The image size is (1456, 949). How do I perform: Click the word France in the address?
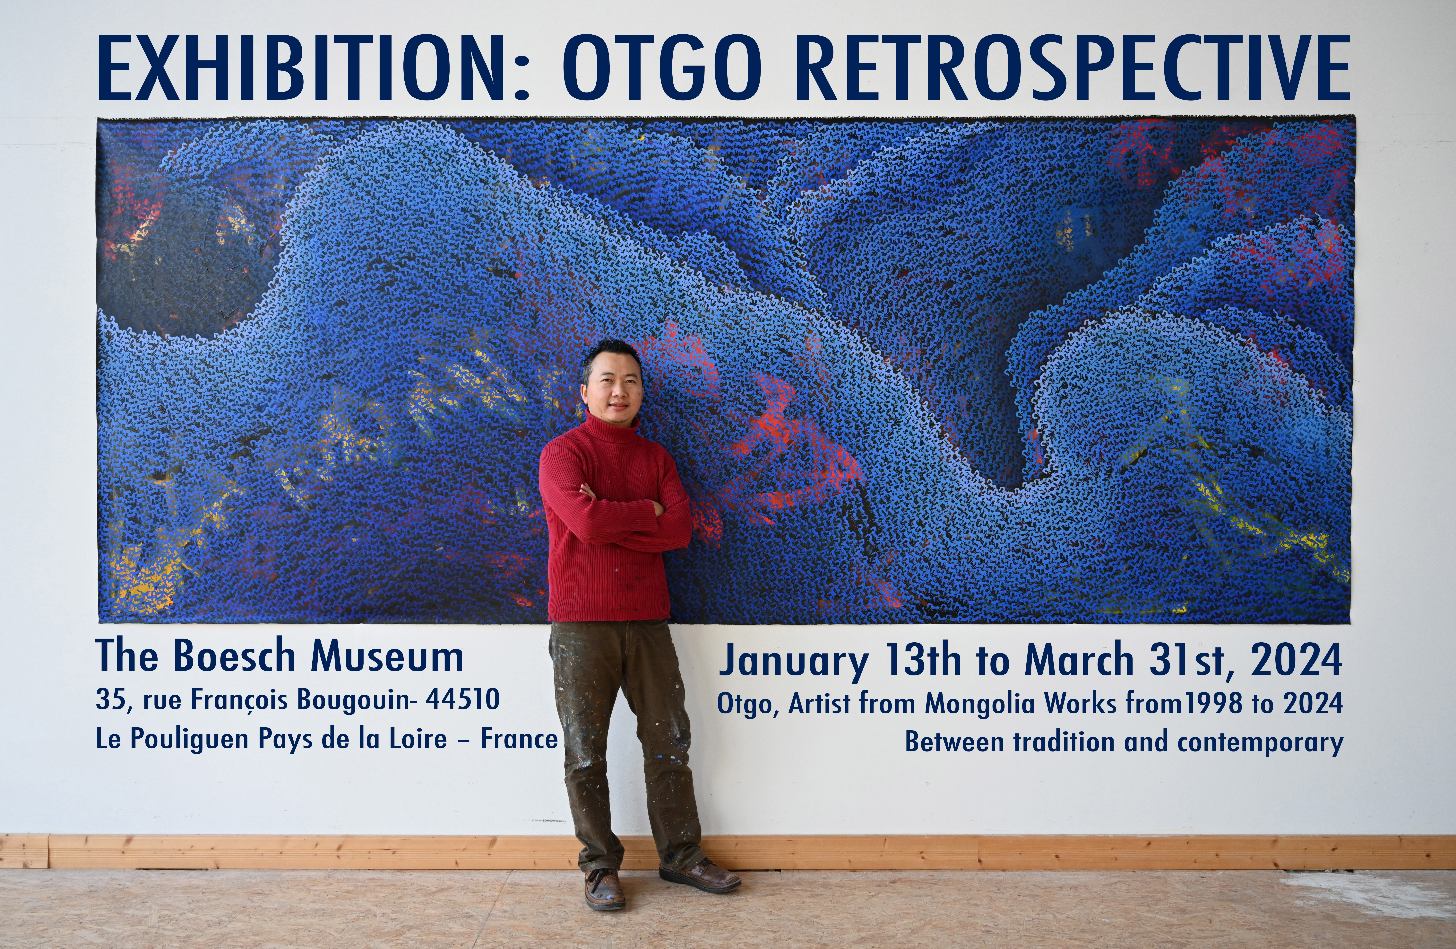[x=519, y=739]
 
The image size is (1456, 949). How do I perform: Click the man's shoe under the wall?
[x=604, y=888]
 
